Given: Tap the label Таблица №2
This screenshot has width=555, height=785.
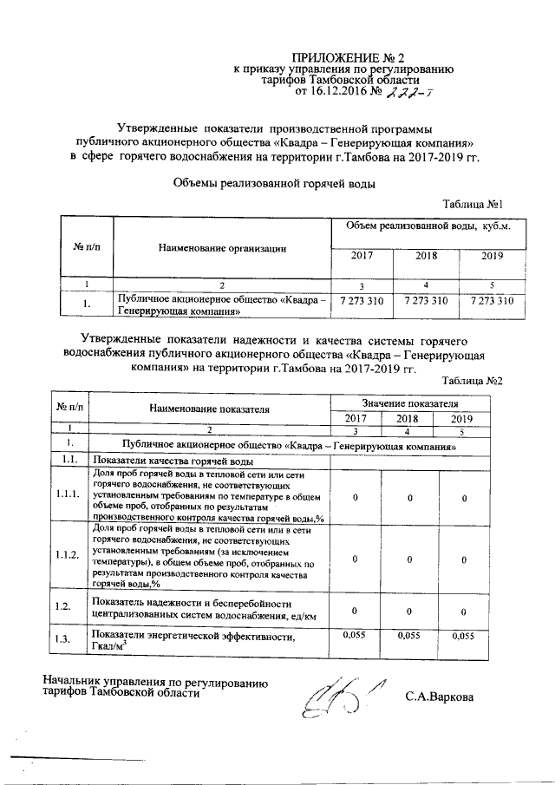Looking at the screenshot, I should coord(473,381).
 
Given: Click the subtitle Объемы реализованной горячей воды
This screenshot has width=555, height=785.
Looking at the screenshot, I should coord(276,183).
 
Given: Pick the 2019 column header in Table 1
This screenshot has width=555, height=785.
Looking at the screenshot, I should coord(493,256).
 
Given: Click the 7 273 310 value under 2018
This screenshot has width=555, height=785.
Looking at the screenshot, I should coord(426,301).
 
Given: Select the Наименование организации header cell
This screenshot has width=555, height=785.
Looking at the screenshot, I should coord(223,248).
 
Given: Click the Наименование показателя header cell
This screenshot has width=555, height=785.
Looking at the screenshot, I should coord(209,408).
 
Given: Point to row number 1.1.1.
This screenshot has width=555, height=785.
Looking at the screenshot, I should coord(67,494).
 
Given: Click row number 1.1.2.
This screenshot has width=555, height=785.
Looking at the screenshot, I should coord(67,555).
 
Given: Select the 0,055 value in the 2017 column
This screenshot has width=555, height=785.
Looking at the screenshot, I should coord(356,636).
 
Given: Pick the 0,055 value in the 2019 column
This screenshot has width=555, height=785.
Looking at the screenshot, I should coord(465,636).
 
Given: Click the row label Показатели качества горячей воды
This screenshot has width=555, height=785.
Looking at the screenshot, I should coord(173,460).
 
